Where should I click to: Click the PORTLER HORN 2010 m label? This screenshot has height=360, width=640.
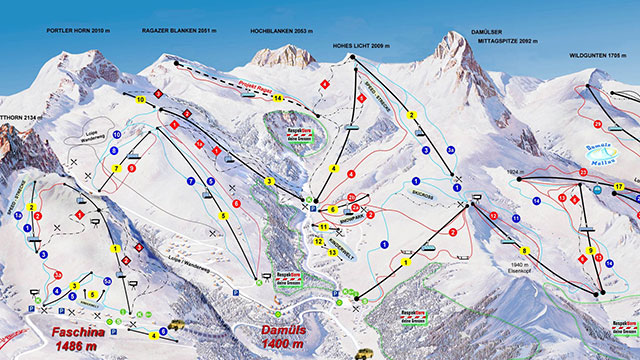click(x=76, y=31)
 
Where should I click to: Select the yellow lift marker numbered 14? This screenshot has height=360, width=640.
click(x=279, y=97)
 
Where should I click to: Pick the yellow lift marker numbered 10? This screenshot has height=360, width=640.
click(x=140, y=100)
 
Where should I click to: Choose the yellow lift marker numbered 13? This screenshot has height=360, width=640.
click(x=331, y=253)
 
